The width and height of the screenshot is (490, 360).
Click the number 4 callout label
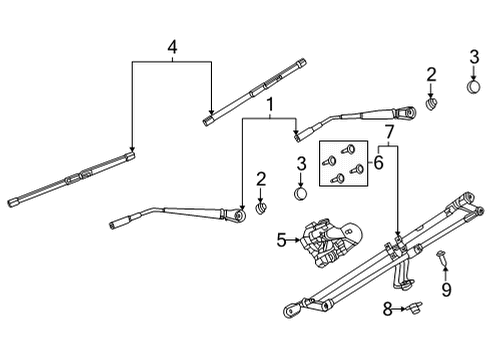[172, 46]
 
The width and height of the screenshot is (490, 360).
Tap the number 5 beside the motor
[281, 240]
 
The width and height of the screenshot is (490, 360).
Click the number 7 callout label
[390, 131]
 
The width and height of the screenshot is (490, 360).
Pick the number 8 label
[387, 310]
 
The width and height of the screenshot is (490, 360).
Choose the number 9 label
[446, 290]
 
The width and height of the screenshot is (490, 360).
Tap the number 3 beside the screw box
[300, 163]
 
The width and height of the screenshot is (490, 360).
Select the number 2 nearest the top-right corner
[431, 74]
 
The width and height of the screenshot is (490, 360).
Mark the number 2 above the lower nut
[261, 179]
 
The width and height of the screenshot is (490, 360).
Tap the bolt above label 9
[443, 262]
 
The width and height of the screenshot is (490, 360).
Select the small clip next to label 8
[410, 310]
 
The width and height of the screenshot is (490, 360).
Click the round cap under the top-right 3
[473, 89]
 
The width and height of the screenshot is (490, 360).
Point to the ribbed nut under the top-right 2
[431, 103]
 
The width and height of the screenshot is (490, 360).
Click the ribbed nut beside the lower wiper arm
[261, 208]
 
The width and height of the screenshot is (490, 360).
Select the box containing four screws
[343, 163]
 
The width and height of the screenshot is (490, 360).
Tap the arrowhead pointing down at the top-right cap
[473, 76]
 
